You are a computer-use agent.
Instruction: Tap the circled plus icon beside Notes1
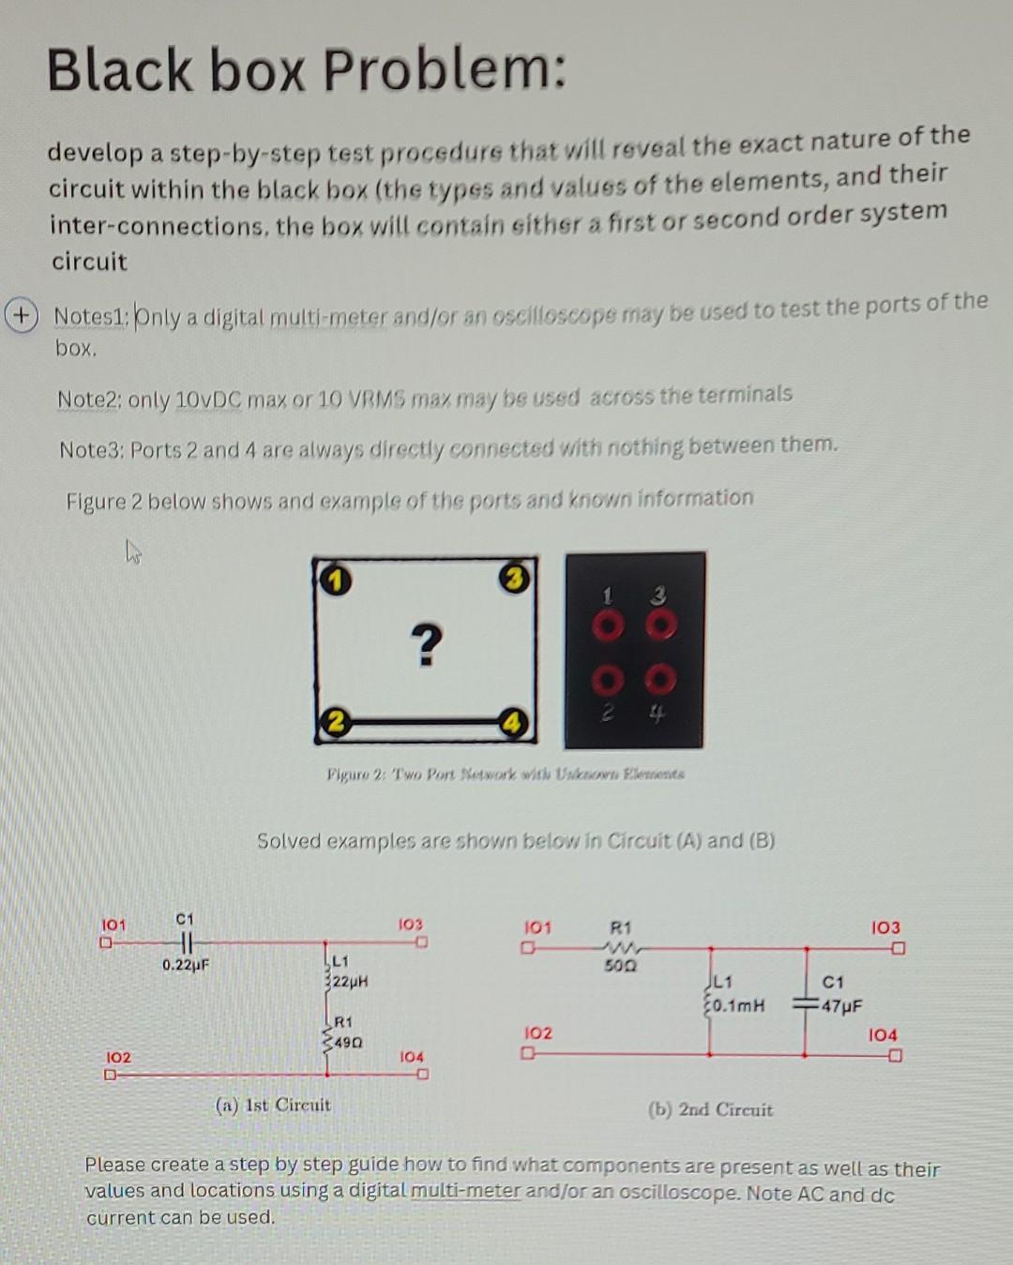coord(16,313)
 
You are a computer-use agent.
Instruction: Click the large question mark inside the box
coord(426,645)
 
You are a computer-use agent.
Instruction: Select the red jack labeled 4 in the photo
coord(660,677)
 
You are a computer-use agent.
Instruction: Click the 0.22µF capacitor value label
coord(185,965)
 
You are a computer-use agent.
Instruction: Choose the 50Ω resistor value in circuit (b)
coord(621,965)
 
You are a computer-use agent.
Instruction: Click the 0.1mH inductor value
coord(738,1005)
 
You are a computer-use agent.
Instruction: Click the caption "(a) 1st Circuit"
coord(273,1105)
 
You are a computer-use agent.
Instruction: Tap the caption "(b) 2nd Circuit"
coord(710,1109)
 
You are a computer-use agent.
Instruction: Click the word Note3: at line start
coord(92,450)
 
